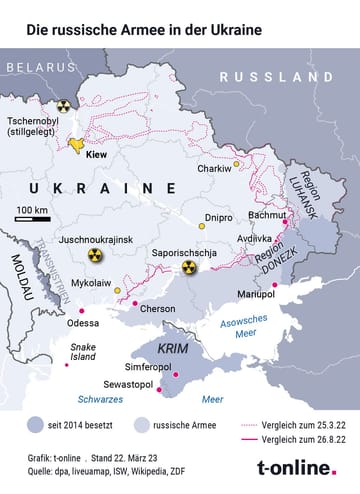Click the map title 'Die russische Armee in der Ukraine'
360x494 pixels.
click(x=145, y=30)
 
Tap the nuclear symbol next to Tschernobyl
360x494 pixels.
click(x=64, y=105)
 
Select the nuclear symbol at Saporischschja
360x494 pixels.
click(x=189, y=266)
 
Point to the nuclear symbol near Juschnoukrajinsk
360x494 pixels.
click(x=93, y=255)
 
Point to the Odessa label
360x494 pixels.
click(x=83, y=323)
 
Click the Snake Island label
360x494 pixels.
click(x=83, y=351)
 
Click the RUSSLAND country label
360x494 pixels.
click(x=276, y=77)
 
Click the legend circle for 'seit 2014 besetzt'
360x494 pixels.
click(x=37, y=422)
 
